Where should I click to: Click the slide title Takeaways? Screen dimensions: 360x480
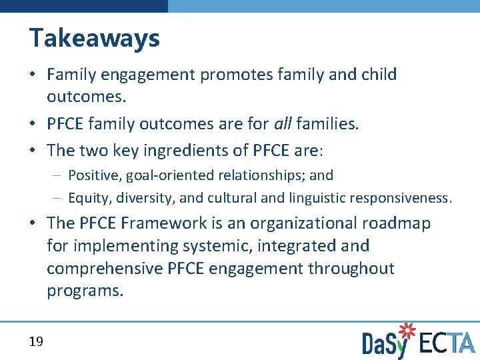click(x=94, y=39)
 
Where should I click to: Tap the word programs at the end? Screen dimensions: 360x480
click(x=85, y=291)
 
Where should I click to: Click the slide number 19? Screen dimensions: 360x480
click(x=36, y=342)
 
